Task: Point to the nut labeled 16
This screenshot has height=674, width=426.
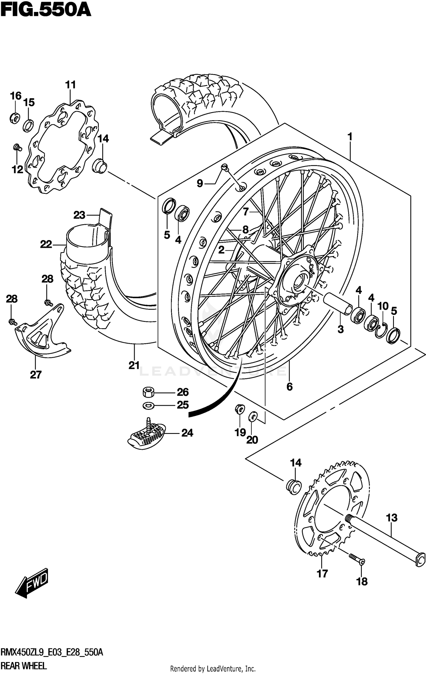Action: (14, 118)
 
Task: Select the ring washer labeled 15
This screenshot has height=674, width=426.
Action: (28, 125)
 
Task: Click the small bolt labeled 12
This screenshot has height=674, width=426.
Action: (17, 147)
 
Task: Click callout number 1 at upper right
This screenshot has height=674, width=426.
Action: (350, 137)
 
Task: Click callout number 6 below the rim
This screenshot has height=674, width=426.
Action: (289, 386)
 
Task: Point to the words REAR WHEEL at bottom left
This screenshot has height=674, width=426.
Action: (24, 665)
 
